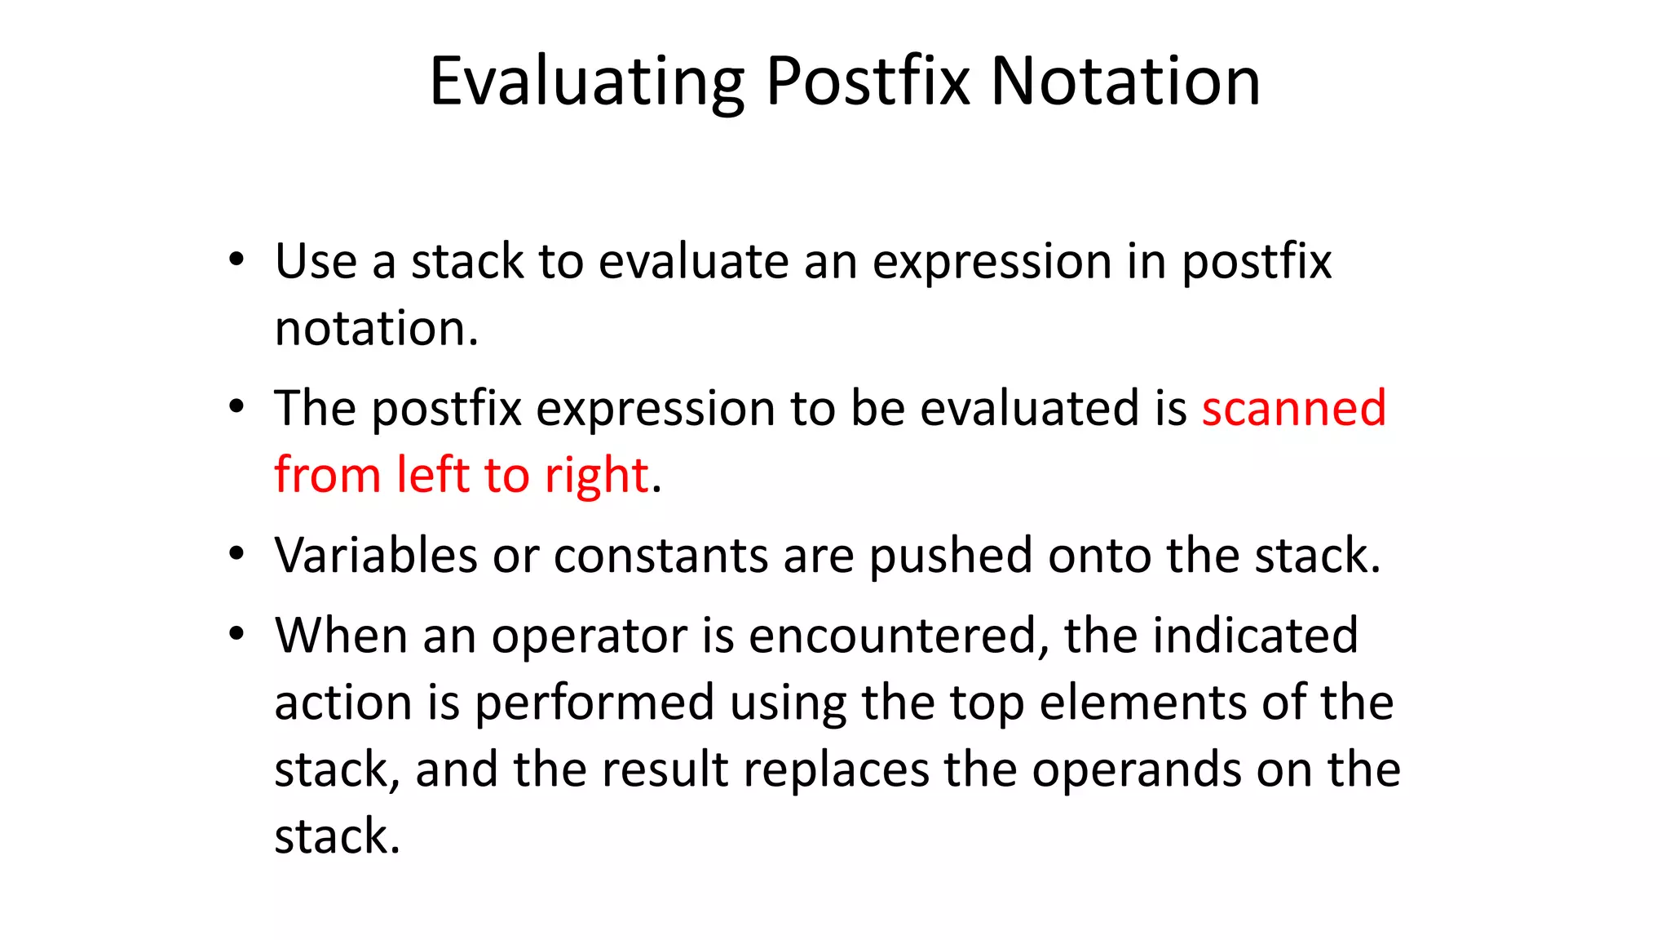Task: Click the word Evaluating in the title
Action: point(585,82)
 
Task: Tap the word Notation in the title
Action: point(1125,82)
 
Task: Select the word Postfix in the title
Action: point(868,82)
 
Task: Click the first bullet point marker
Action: point(236,260)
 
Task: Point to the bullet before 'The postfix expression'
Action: point(236,407)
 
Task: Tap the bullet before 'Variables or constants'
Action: point(236,554)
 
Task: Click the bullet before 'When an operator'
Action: point(236,634)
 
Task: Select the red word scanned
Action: point(1293,407)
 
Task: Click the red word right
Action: point(596,475)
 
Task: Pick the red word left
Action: point(432,475)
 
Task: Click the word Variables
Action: point(375,556)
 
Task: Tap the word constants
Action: point(660,556)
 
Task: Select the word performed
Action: point(594,703)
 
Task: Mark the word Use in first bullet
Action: point(316,261)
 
